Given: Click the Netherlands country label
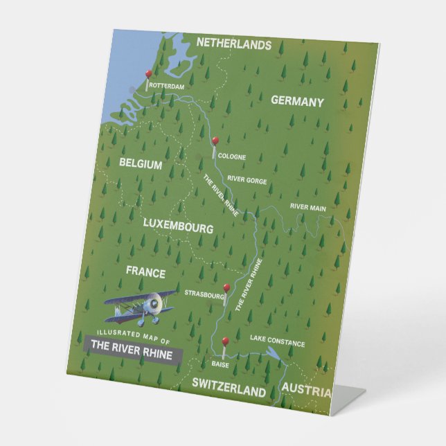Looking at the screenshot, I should point(233,44).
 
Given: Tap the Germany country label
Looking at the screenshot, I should point(297,102).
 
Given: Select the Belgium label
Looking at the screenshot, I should point(141,165).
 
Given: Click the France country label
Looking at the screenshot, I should point(145,272).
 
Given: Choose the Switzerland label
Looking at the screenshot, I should point(229,391).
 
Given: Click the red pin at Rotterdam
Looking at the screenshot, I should point(148,73).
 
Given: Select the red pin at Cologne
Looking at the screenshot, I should point(215,141).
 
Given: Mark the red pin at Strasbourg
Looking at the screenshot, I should point(226,288).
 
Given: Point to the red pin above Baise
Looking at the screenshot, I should point(224,341).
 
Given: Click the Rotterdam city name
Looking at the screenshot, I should point(167,87).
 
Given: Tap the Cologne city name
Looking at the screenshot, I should point(231,157).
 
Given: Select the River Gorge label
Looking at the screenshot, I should point(247,179).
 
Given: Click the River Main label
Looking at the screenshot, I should point(308,206).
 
